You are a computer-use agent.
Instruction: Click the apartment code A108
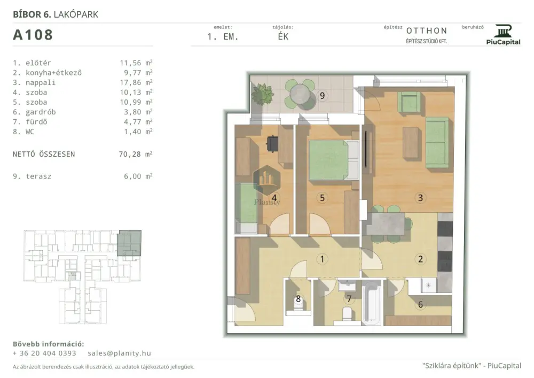[x=33, y=35]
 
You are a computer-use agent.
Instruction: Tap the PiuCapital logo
[x=504, y=34]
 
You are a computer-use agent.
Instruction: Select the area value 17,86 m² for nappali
[x=136, y=82]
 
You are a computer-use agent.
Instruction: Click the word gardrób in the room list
[x=41, y=112]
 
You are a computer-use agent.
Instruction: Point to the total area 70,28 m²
[x=136, y=154]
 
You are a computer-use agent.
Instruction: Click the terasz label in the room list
[x=38, y=176]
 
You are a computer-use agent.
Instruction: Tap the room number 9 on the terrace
[x=322, y=96]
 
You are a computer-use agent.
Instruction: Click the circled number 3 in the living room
[x=420, y=198]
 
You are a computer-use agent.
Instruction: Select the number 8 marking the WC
[x=299, y=299]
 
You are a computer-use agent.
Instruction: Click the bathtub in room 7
[x=371, y=303]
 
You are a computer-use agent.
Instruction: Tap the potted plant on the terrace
[x=262, y=93]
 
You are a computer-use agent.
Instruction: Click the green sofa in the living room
[x=437, y=142]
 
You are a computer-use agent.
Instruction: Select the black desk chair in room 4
[x=272, y=143]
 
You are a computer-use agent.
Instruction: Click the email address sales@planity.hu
[x=119, y=353]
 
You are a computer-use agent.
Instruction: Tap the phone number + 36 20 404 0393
[x=44, y=353]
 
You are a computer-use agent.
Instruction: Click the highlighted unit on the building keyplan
[x=129, y=243]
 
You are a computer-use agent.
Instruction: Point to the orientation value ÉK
[x=283, y=36]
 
